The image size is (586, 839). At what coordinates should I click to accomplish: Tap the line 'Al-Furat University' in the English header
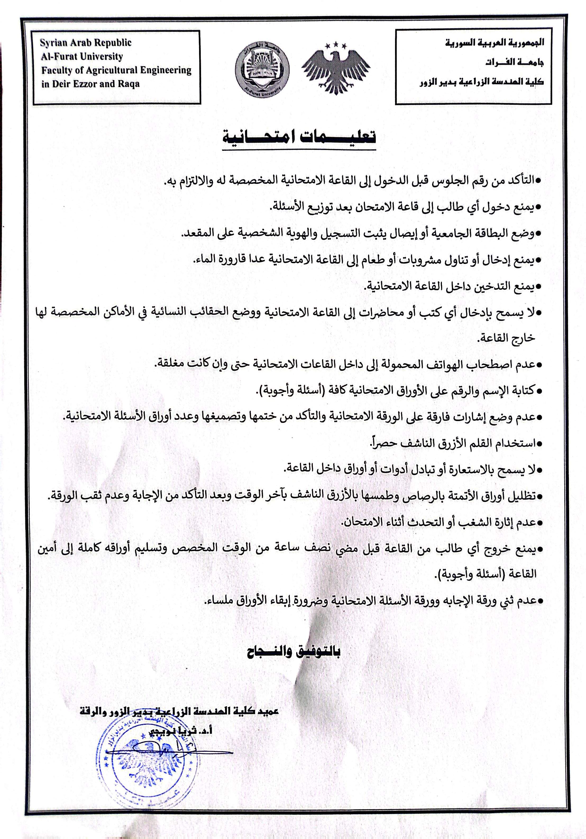click(82, 57)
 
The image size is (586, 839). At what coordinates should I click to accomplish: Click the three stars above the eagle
click(335, 45)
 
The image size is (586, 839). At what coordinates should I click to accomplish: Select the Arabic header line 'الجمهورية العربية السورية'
click(494, 43)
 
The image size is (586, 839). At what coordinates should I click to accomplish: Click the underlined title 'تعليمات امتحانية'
click(299, 137)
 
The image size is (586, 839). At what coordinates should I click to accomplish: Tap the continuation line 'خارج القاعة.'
click(506, 338)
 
